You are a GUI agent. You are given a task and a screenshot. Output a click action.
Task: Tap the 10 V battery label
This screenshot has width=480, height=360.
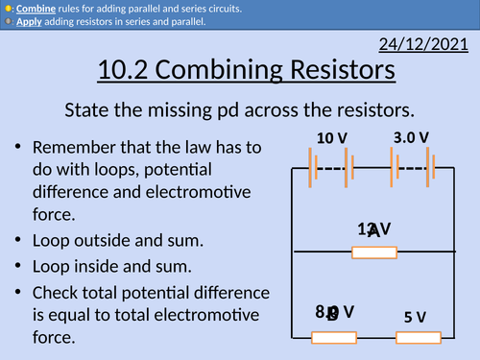pyautogui.click(x=331, y=138)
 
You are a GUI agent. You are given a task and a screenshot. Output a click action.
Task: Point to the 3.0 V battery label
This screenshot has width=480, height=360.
pyautogui.click(x=411, y=137)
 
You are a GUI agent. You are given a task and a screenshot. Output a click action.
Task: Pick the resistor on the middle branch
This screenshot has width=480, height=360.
pyautogui.click(x=374, y=252)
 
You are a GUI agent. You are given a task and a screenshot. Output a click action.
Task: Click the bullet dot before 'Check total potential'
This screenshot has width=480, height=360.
pyautogui.click(x=19, y=291)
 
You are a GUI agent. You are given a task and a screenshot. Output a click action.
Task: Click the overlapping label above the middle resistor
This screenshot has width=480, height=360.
pyautogui.click(x=373, y=229)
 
